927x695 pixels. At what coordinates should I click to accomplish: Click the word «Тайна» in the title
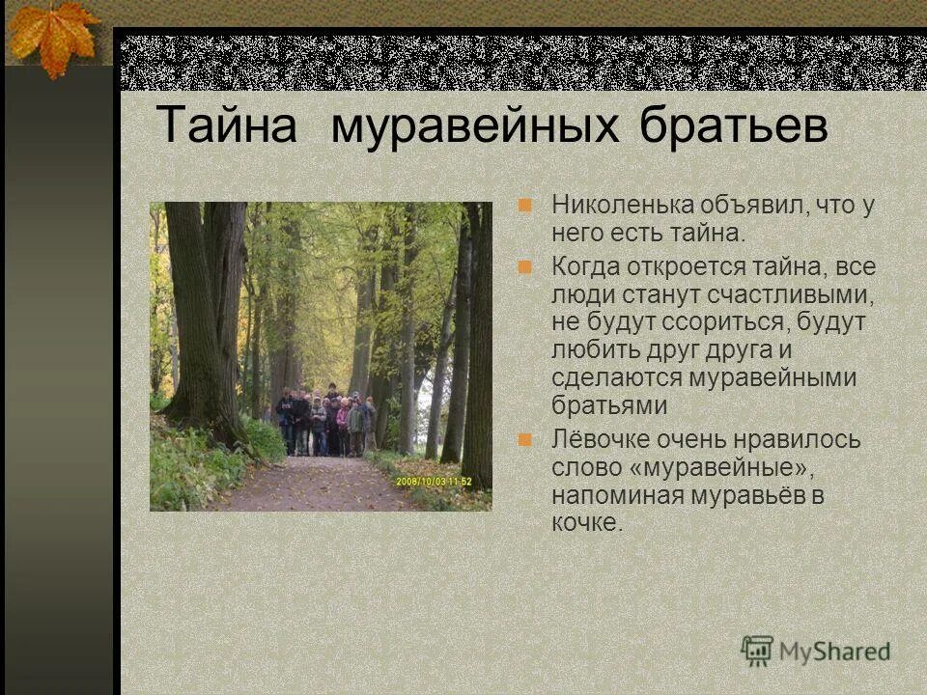click(225, 126)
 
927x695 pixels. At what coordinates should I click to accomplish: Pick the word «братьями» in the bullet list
click(609, 405)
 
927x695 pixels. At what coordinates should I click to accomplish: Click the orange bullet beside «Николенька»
click(525, 205)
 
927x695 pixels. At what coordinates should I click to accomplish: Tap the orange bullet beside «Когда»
click(525, 265)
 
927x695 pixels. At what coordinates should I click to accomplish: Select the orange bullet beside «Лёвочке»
click(525, 439)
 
